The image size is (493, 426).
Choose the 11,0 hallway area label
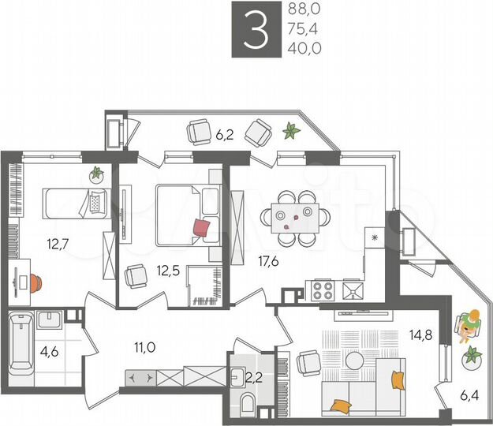(143, 346)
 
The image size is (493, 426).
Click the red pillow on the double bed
(202, 227)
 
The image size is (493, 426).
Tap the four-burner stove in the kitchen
(323, 290)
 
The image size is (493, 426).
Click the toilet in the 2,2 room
(248, 405)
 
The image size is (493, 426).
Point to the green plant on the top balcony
(292, 130)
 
